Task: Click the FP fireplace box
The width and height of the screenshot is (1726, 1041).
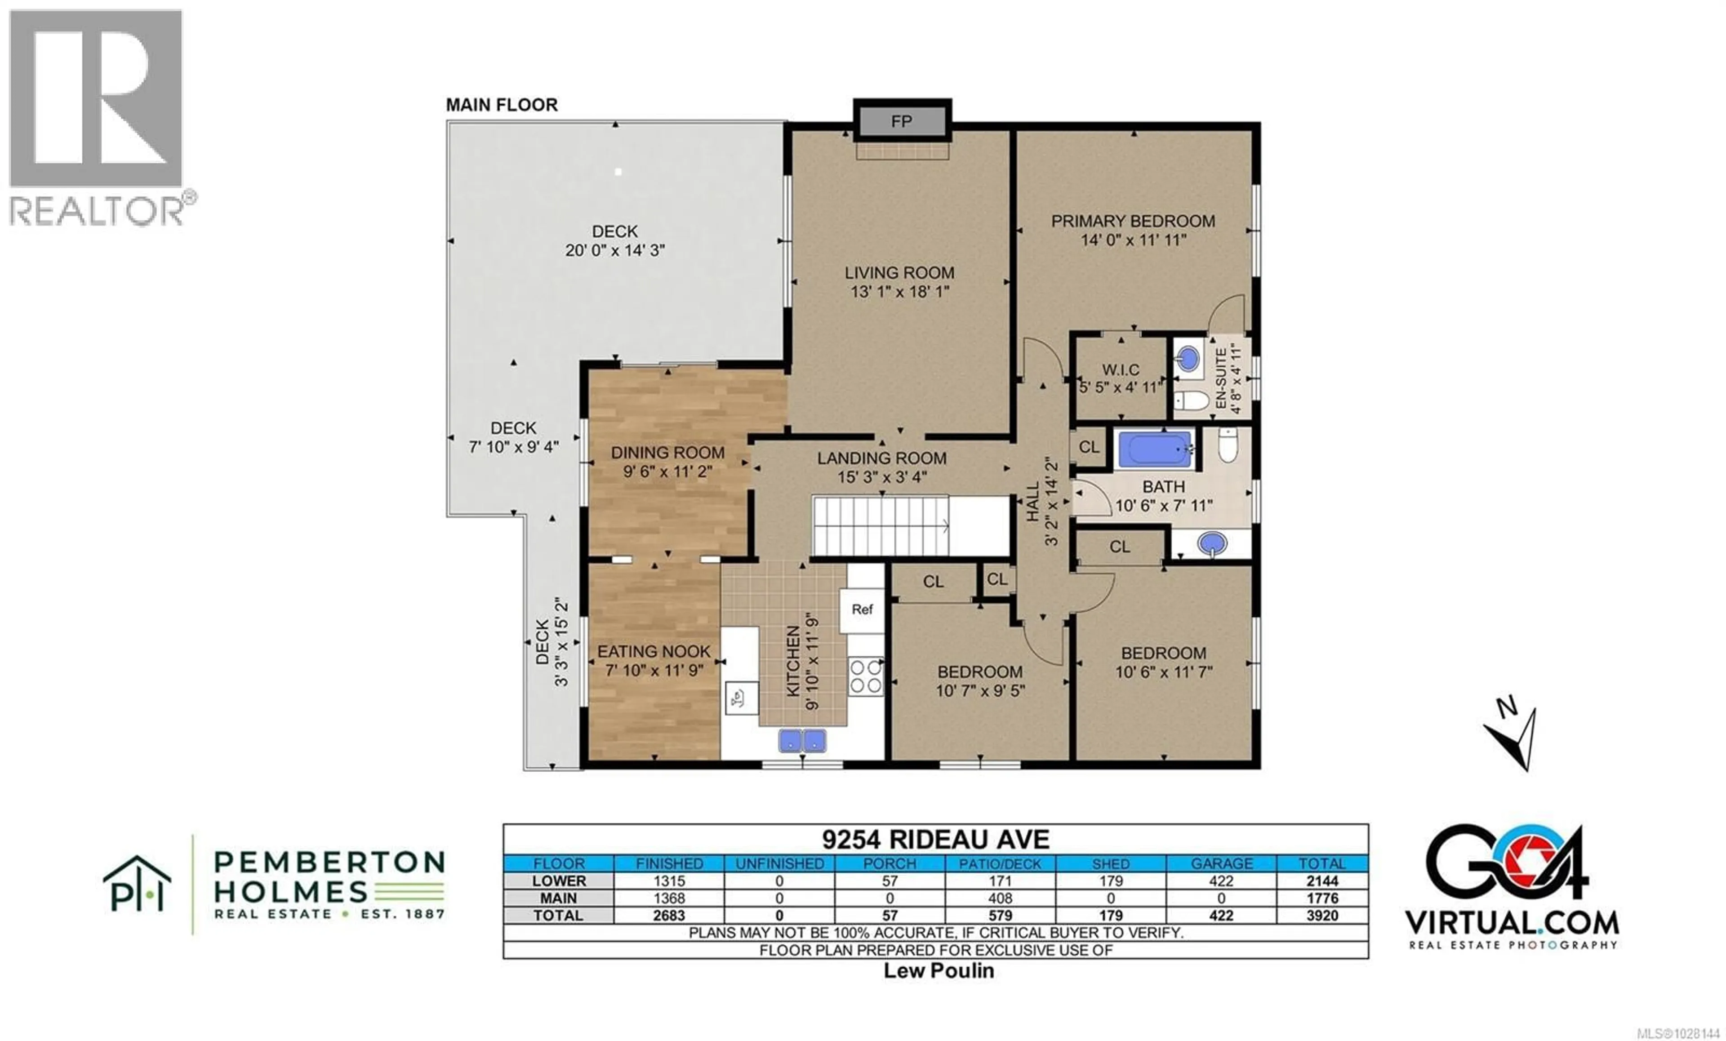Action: (x=902, y=121)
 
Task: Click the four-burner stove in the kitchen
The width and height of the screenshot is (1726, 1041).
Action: (x=866, y=677)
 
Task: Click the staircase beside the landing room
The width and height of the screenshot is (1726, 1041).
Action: (x=881, y=525)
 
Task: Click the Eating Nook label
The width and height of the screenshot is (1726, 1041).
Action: (x=654, y=651)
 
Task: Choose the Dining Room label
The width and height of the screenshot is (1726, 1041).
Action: (x=667, y=453)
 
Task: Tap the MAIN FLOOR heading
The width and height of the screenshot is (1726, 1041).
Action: (x=502, y=105)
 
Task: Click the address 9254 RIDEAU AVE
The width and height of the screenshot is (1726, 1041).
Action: (x=935, y=839)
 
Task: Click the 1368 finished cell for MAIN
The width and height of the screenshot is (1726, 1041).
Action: (x=668, y=898)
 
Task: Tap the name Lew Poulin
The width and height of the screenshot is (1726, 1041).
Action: (x=938, y=971)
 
